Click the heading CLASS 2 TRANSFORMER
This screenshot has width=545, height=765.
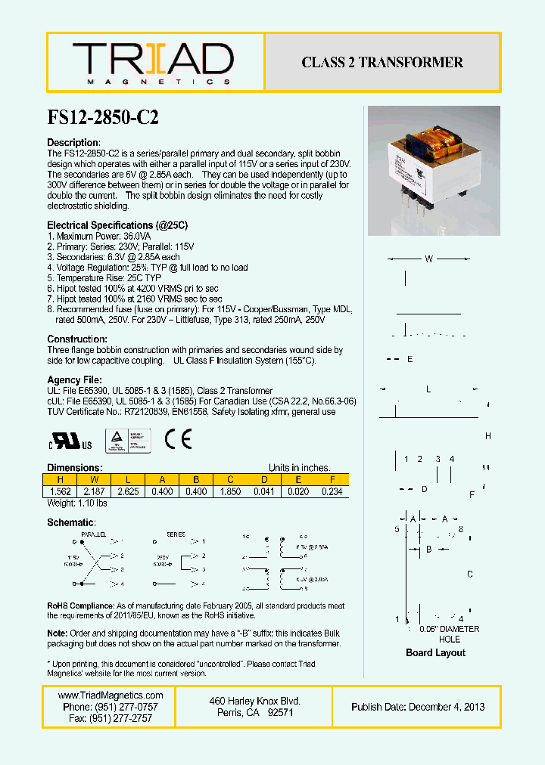tap(382, 63)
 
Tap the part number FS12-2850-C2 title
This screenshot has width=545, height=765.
tap(103, 119)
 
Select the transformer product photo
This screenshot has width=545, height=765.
tap(434, 171)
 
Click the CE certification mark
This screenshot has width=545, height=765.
tap(179, 439)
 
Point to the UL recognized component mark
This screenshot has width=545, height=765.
tap(70, 441)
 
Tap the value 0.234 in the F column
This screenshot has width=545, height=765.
tap(332, 491)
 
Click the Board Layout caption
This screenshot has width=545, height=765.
tap(435, 652)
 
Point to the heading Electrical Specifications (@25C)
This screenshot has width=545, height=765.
tap(117, 225)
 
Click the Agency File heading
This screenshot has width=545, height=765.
tap(74, 379)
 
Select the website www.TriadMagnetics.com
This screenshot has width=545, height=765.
tap(111, 695)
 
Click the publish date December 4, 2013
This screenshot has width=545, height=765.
tap(447, 707)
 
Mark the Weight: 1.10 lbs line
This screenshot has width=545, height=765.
tap(77, 503)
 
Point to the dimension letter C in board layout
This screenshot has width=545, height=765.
tap(470, 575)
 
